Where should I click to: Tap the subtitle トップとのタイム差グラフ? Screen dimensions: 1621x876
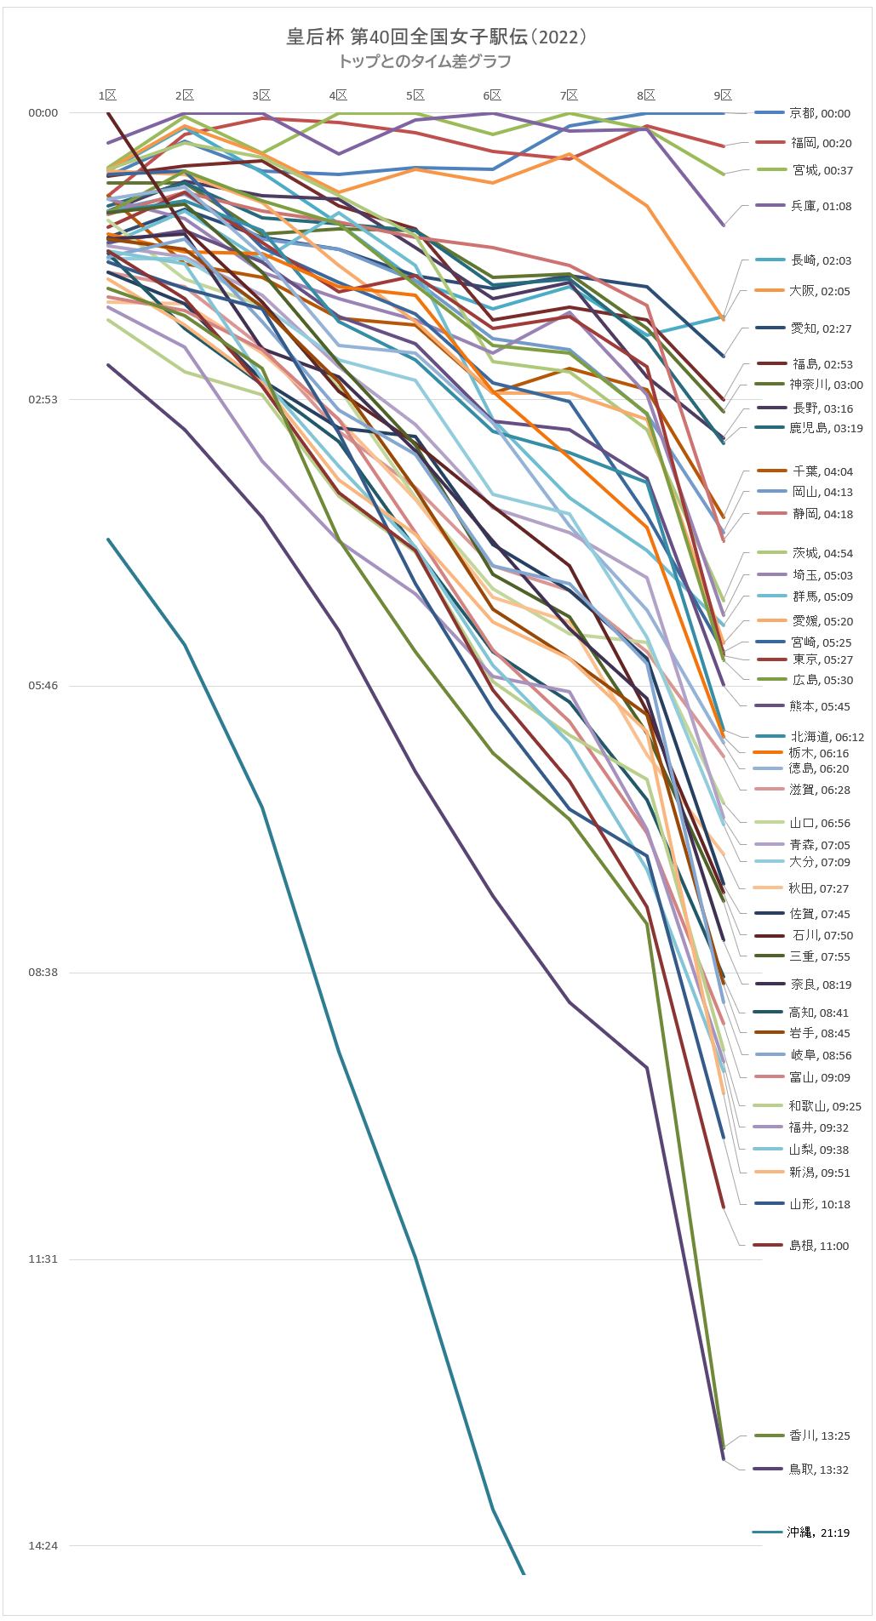coord(425,61)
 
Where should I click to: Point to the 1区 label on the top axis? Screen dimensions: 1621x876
coord(107,95)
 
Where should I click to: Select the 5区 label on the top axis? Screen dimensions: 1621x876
coord(415,95)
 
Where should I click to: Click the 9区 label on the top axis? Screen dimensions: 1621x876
coord(723,95)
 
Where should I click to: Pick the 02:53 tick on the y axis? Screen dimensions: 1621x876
coord(43,399)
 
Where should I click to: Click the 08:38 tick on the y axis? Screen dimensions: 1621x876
coord(43,972)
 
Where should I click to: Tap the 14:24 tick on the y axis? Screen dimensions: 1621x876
coord(43,1545)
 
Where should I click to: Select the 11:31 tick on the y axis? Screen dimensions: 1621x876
coord(43,1259)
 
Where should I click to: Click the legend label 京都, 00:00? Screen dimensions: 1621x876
coord(819,113)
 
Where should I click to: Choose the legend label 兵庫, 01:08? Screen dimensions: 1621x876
coord(821,206)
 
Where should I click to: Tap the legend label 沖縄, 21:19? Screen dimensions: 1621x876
coord(818,1533)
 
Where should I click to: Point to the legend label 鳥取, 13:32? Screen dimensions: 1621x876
coord(818,1470)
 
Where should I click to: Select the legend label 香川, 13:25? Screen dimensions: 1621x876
coord(819,1435)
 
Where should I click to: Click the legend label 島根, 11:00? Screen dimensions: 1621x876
coord(819,1246)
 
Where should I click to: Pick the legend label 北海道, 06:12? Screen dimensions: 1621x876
coord(827,737)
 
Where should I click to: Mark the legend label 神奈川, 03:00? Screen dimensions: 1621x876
coord(826,385)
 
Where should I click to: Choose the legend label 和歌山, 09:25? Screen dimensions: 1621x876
coord(824,1106)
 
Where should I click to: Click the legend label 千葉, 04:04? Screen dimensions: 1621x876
coord(822,471)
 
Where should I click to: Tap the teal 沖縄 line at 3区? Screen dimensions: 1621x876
coord(261,807)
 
